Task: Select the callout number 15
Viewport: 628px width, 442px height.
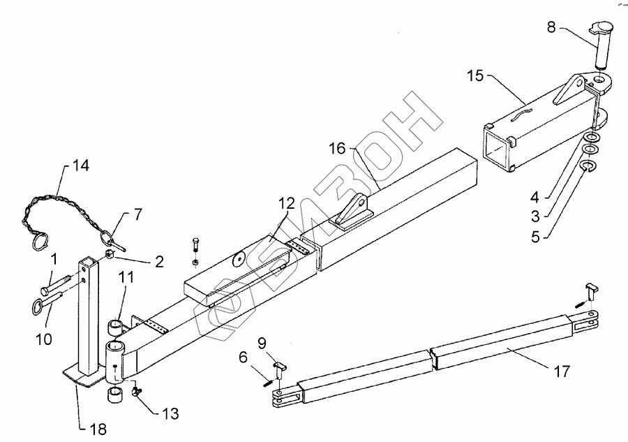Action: (474, 75)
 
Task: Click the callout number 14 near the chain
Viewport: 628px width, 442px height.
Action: (80, 166)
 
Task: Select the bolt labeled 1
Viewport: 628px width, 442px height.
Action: (56, 284)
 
